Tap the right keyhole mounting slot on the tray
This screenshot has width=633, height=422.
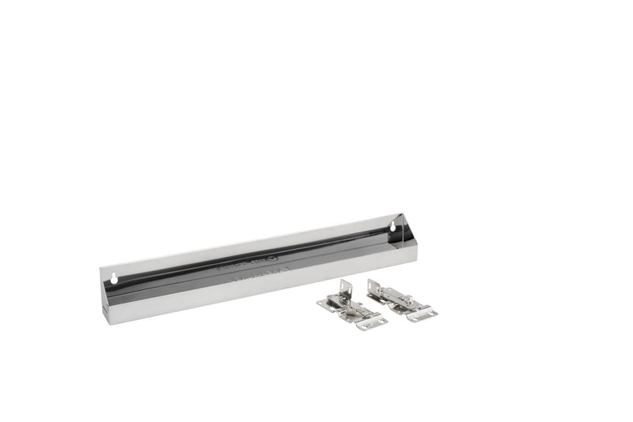[x=392, y=228]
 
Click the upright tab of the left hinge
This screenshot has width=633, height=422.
[x=344, y=288]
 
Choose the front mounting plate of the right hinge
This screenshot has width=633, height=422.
[x=422, y=314]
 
